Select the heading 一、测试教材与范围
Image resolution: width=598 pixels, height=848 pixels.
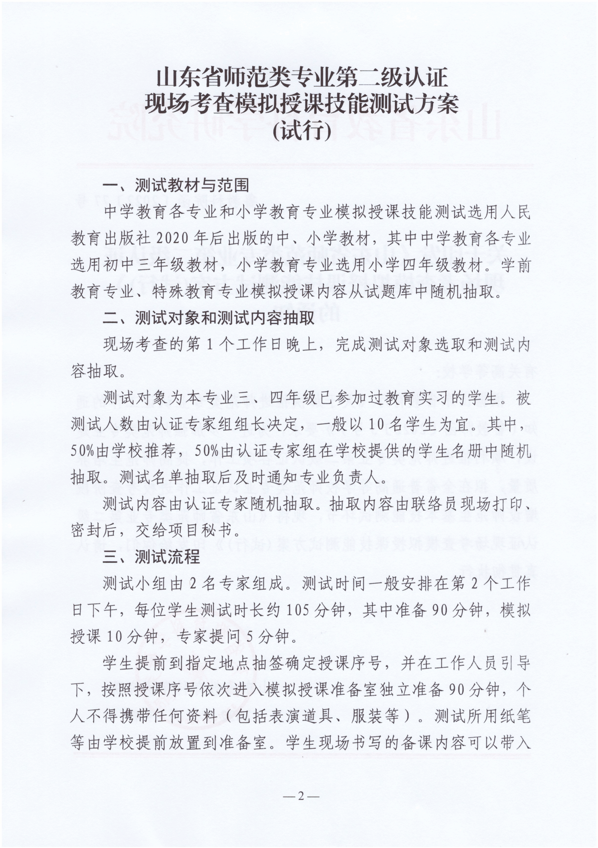tap(176, 186)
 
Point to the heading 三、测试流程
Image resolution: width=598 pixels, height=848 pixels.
tap(152, 557)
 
